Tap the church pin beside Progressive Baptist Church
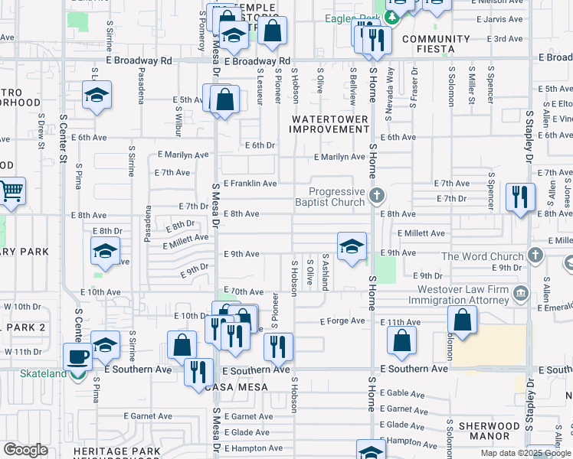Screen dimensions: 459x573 pos(376,196)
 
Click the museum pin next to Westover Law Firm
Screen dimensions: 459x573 pos(520,293)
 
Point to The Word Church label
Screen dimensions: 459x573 pos(482,256)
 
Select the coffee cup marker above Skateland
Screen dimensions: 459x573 pos(78,357)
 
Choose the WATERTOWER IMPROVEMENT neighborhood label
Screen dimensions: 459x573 pos(329,124)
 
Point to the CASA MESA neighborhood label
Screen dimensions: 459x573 pos(237,387)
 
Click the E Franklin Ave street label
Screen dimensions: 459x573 pos(250,184)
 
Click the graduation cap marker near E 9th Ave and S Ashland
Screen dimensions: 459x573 pos(352,246)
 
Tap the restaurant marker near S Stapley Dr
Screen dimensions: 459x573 pos(519,198)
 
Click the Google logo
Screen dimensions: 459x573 pos(26,450)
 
